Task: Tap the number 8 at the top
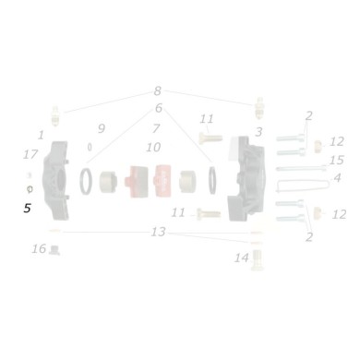pyautogui.click(x=158, y=91)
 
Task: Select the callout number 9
pyautogui.click(x=102, y=127)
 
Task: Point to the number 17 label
pyautogui.click(x=30, y=154)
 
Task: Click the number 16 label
pyautogui.click(x=38, y=248)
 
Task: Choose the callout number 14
pyautogui.click(x=242, y=258)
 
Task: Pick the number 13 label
pyautogui.click(x=159, y=232)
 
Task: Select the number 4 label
pyautogui.click(x=337, y=177)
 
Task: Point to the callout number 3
pyautogui.click(x=258, y=132)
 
